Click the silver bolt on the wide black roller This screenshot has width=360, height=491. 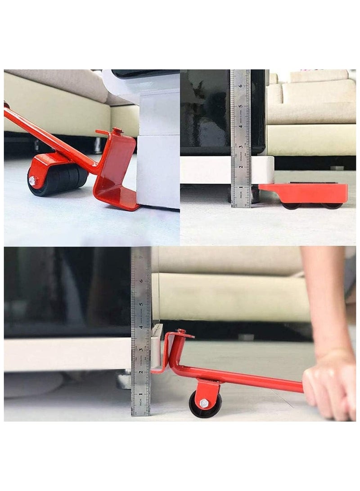click(x=33, y=181)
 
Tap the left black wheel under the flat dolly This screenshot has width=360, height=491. click(x=291, y=206)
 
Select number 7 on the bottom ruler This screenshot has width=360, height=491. click(x=142, y=257)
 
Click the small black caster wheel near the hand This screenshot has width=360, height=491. click(x=205, y=404)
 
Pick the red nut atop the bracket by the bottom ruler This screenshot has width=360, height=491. click(x=181, y=332)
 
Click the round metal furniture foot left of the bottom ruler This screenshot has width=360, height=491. click(x=124, y=380)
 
